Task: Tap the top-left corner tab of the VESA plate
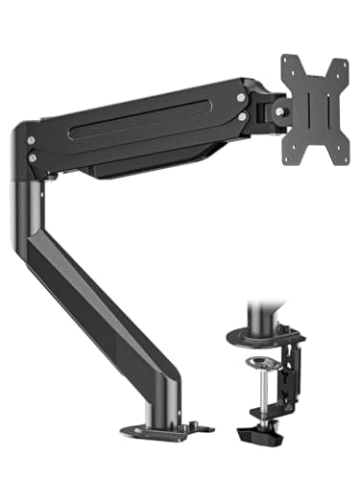pos(288,61)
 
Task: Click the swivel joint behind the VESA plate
pos(278,111)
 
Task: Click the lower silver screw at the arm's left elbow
pos(34,157)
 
